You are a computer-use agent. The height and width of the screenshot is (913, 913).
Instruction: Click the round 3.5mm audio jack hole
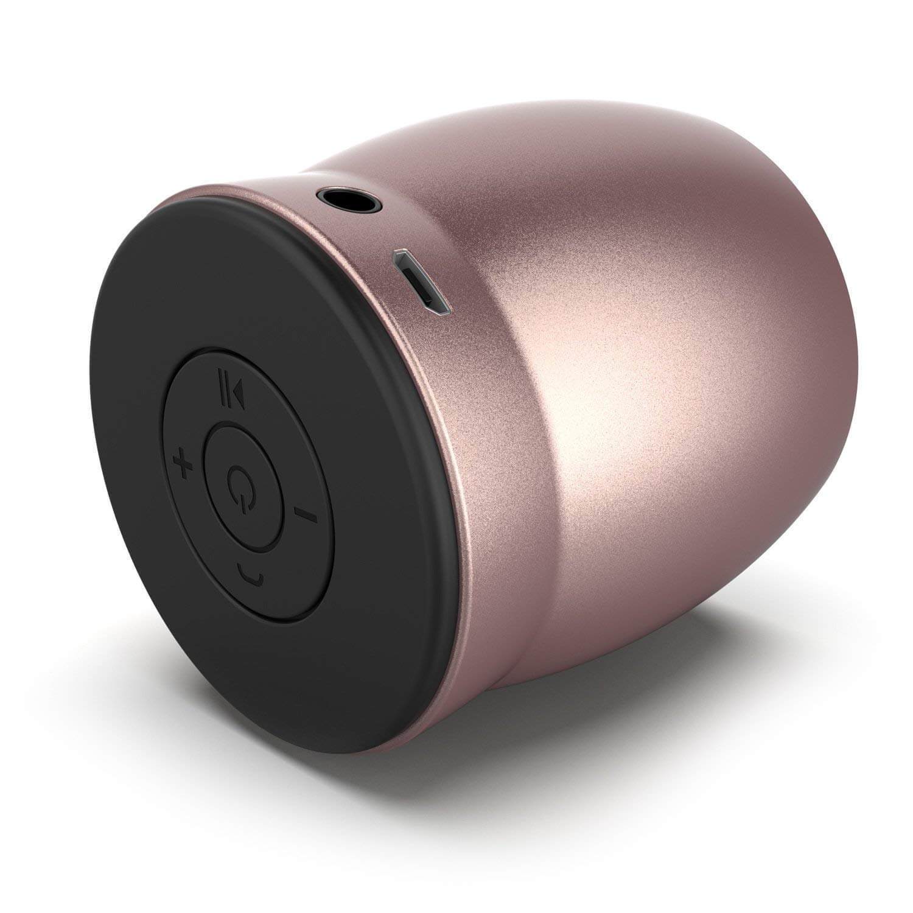(350, 198)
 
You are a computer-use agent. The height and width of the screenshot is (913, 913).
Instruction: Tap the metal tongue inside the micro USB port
(421, 284)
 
